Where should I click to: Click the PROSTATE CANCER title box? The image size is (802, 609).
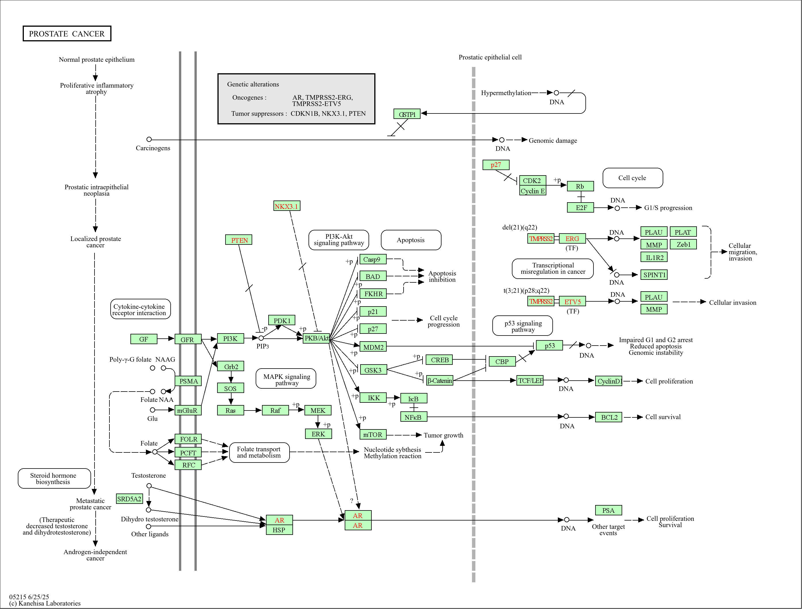(67, 34)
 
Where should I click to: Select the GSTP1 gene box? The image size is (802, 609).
(407, 114)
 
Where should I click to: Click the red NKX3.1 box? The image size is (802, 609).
(286, 206)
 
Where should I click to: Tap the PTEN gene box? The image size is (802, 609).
(239, 240)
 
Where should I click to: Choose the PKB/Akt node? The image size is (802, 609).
(316, 338)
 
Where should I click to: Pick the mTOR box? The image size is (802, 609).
(373, 434)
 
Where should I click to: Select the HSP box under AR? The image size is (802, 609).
(279, 530)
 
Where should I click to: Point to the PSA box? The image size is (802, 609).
(608, 510)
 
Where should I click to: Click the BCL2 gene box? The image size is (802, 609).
(609, 417)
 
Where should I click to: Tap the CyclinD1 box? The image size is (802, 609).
(609, 381)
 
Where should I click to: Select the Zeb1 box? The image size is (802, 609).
(683, 245)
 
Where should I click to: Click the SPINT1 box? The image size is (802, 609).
(654, 275)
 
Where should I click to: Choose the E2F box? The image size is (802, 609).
(581, 208)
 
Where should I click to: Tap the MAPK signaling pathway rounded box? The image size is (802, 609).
(286, 379)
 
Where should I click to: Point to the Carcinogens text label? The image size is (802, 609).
(153, 148)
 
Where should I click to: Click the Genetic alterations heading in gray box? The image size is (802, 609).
(253, 84)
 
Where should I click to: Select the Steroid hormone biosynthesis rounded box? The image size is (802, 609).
(54, 479)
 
